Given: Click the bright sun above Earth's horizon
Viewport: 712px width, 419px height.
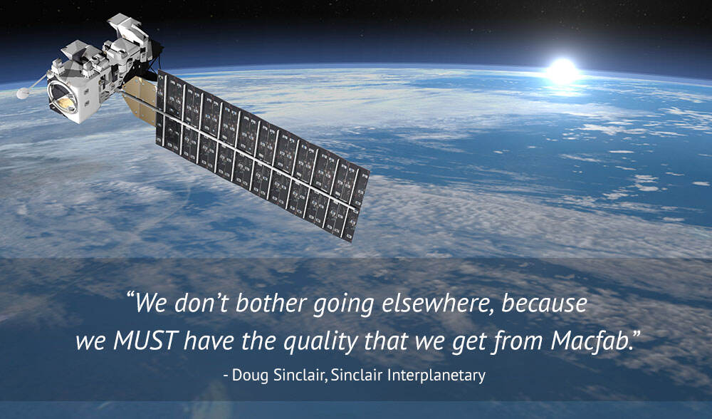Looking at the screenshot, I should tap(562, 70).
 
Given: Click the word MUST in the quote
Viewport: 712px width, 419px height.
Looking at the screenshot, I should tap(145, 341).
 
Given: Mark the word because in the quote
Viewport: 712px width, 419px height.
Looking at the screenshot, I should tap(545, 305).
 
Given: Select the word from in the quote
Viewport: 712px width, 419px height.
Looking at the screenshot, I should tap(524, 341).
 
